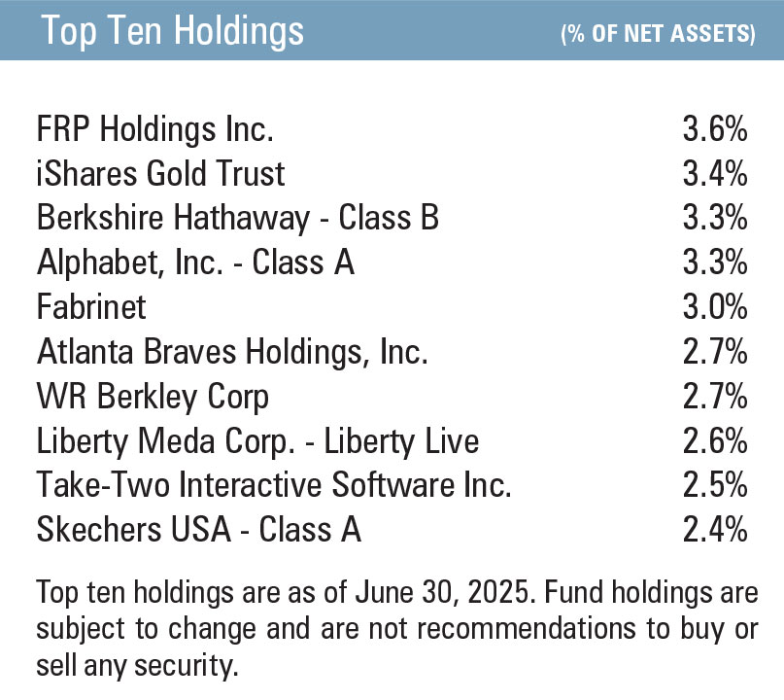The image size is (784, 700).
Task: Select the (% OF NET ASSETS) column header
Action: [658, 34]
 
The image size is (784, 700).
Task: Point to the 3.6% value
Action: [714, 129]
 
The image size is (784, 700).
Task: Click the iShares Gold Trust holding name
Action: [161, 174]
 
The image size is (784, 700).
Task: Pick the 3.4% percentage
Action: [714, 174]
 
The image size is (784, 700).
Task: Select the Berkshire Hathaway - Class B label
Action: [238, 218]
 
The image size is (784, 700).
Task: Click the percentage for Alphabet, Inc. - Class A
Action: [714, 262]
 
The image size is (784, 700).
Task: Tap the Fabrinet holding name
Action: [91, 307]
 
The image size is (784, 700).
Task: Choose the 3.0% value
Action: [714, 307]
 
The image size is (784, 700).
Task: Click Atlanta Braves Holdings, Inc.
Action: [232, 352]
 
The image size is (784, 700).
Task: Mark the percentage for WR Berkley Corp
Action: [714, 397]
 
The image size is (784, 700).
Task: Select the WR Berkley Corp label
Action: [153, 397]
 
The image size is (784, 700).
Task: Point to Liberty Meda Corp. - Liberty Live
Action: [257, 441]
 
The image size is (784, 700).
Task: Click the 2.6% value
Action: [714, 441]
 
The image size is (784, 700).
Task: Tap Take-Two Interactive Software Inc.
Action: [274, 485]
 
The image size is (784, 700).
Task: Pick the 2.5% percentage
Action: [714, 485]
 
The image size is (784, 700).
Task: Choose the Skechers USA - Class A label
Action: [199, 530]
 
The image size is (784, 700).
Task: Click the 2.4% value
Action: [714, 530]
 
